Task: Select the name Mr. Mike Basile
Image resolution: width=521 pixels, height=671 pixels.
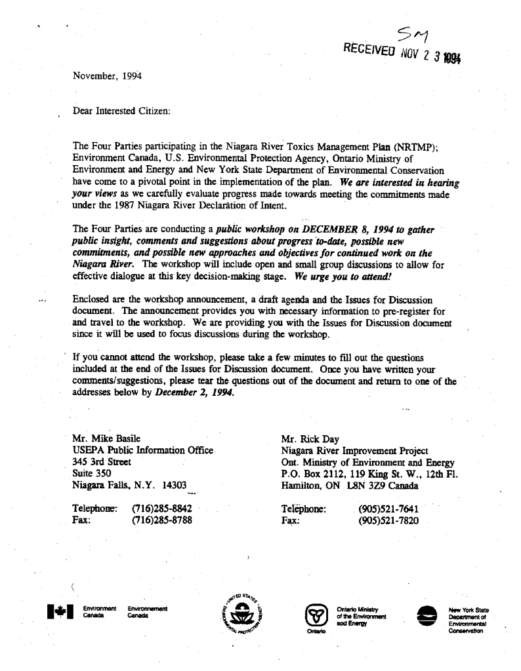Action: click(x=105, y=438)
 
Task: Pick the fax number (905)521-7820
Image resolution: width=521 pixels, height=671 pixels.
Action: click(x=390, y=522)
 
